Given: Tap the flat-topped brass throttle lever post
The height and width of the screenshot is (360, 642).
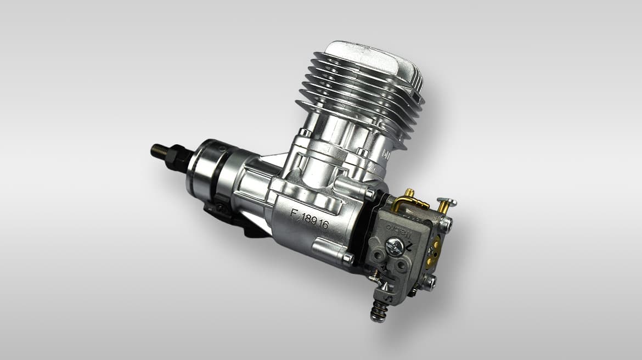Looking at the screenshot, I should pyautogui.click(x=446, y=203).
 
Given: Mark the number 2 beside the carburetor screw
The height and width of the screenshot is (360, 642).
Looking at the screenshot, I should pyautogui.click(x=410, y=248).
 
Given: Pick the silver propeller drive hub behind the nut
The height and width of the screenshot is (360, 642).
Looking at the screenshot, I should pyautogui.click(x=206, y=167).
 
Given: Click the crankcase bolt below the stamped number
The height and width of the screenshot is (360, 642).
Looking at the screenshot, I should pyautogui.click(x=347, y=257).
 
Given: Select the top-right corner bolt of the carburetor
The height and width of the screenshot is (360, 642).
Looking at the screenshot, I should pyautogui.click(x=447, y=224).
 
